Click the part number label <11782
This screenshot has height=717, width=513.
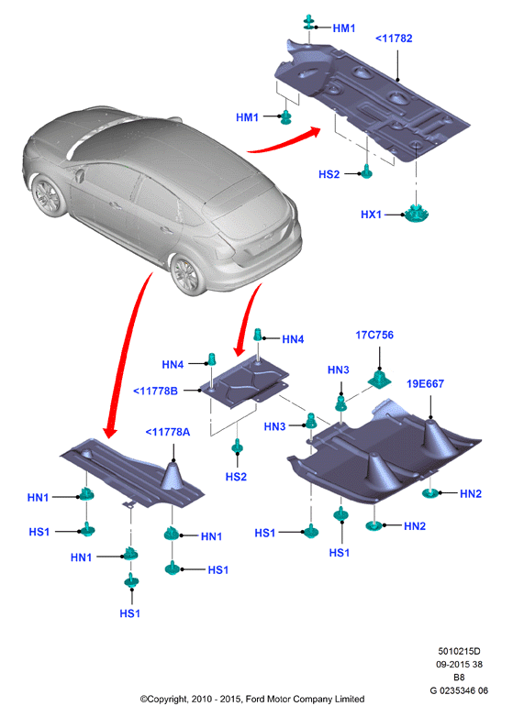(394, 39)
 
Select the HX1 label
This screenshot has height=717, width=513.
(371, 215)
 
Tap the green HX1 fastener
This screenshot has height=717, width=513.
(416, 213)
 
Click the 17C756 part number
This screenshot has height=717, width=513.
(374, 336)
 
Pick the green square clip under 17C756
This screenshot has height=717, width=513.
(379, 379)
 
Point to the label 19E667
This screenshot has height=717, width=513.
(425, 384)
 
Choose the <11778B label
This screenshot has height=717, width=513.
(155, 391)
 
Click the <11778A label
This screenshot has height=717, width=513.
(168, 432)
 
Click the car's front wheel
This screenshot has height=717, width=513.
(46, 195)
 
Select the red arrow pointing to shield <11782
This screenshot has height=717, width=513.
(284, 140)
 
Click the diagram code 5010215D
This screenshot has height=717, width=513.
(459, 651)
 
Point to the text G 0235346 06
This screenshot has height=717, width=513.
(459, 690)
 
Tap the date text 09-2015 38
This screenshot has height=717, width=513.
(459, 665)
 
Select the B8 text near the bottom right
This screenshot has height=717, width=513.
(459, 678)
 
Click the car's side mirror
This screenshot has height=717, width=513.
(80, 176)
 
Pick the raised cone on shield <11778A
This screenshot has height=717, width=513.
(173, 476)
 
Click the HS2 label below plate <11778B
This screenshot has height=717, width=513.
(236, 477)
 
